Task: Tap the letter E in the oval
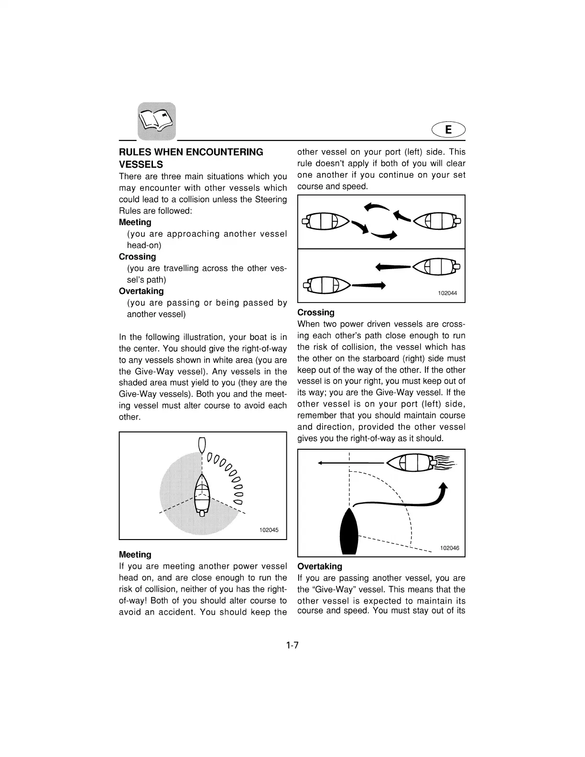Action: click(x=448, y=130)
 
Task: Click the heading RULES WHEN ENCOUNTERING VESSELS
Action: click(x=191, y=158)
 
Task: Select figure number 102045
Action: click(x=269, y=530)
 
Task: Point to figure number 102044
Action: click(x=447, y=293)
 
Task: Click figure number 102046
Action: click(x=449, y=548)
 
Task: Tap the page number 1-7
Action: click(x=292, y=646)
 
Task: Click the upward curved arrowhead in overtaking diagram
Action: click(x=444, y=487)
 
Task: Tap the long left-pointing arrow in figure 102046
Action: click(x=351, y=463)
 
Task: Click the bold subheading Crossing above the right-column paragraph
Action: click(x=315, y=313)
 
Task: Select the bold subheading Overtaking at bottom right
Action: click(x=319, y=566)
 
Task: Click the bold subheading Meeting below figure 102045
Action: click(x=135, y=554)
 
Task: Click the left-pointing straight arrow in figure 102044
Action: click(x=393, y=267)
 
